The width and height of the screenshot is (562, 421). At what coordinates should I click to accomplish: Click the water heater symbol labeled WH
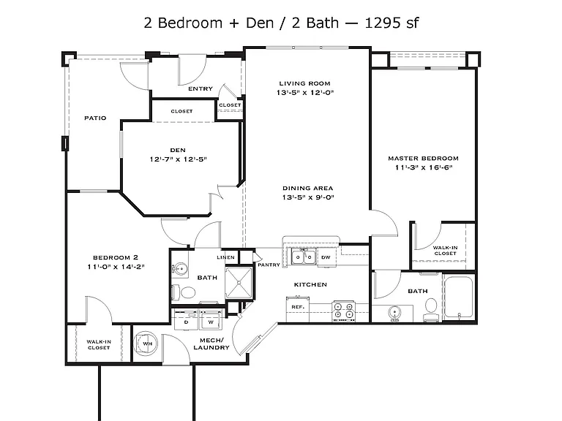click(145, 344)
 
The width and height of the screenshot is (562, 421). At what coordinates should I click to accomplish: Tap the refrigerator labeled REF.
click(298, 309)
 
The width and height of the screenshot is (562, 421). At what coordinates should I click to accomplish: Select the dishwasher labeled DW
click(326, 257)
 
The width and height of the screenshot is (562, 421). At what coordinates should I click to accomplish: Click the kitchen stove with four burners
click(343, 311)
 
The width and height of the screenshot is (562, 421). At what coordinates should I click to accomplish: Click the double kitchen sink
click(304, 257)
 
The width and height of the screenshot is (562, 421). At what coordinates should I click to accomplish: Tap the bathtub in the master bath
click(458, 297)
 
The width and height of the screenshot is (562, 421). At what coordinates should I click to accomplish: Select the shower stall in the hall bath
click(239, 283)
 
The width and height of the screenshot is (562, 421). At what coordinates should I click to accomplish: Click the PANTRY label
click(269, 265)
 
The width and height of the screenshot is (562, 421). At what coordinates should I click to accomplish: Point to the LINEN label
click(226, 257)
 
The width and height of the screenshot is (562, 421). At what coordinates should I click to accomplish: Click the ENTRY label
click(201, 88)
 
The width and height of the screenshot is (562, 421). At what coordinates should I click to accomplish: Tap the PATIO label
click(95, 118)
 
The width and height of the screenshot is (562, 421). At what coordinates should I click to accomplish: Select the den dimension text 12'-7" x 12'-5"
click(178, 159)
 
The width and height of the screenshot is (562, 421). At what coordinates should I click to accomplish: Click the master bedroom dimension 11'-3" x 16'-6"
click(424, 167)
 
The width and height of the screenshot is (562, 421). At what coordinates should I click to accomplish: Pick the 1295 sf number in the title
click(391, 23)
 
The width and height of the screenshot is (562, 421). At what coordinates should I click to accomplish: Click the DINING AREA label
click(308, 188)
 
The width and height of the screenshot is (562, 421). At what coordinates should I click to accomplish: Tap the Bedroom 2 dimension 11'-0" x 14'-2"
click(116, 267)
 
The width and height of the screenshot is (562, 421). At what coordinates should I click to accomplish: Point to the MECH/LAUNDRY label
click(211, 344)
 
